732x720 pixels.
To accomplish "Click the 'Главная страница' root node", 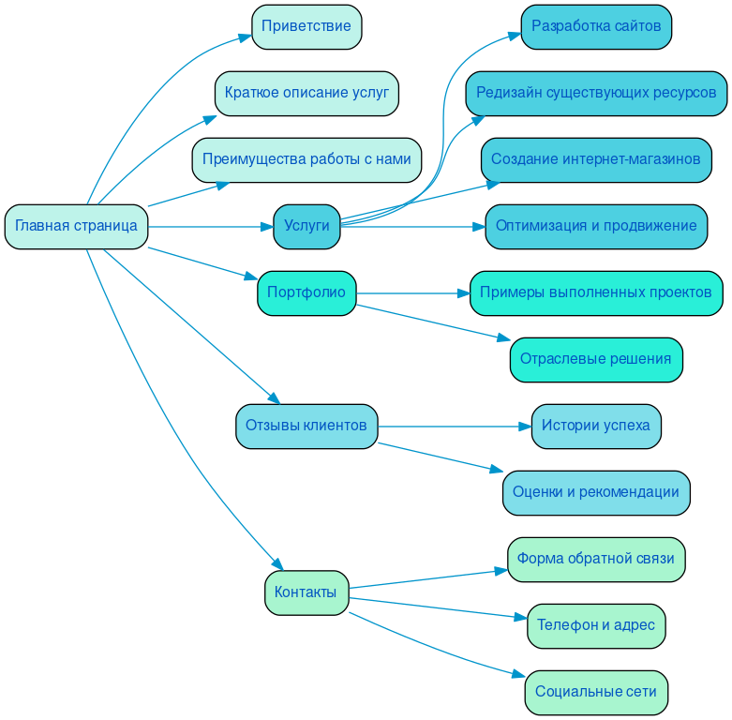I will point(76,227).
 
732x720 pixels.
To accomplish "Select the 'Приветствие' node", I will point(306,27).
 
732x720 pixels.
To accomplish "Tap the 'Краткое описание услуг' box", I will point(306,94).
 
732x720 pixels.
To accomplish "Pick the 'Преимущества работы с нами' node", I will point(306,160).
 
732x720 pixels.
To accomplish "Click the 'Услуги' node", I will point(306,227).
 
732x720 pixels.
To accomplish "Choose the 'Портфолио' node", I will point(306,293).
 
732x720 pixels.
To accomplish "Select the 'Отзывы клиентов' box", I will point(306,427).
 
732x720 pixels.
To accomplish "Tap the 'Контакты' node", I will point(306,592).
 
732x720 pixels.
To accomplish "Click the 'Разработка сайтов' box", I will point(596,27).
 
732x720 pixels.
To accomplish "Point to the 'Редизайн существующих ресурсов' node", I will point(596,94).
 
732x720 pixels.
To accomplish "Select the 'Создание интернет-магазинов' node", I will point(596,160).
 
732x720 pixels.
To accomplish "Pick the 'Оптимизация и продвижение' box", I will point(596,227).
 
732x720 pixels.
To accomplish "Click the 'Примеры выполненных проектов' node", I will point(596,293).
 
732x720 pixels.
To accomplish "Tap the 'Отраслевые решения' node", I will point(596,360).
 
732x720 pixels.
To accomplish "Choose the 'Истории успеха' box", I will point(596,427).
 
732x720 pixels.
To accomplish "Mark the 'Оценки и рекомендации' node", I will point(596,493).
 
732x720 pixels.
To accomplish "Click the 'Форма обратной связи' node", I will point(596,560).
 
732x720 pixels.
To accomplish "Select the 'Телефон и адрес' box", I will point(596,626).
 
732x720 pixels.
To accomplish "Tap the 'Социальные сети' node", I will point(596,693).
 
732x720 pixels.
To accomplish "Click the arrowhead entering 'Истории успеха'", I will point(525,427).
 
